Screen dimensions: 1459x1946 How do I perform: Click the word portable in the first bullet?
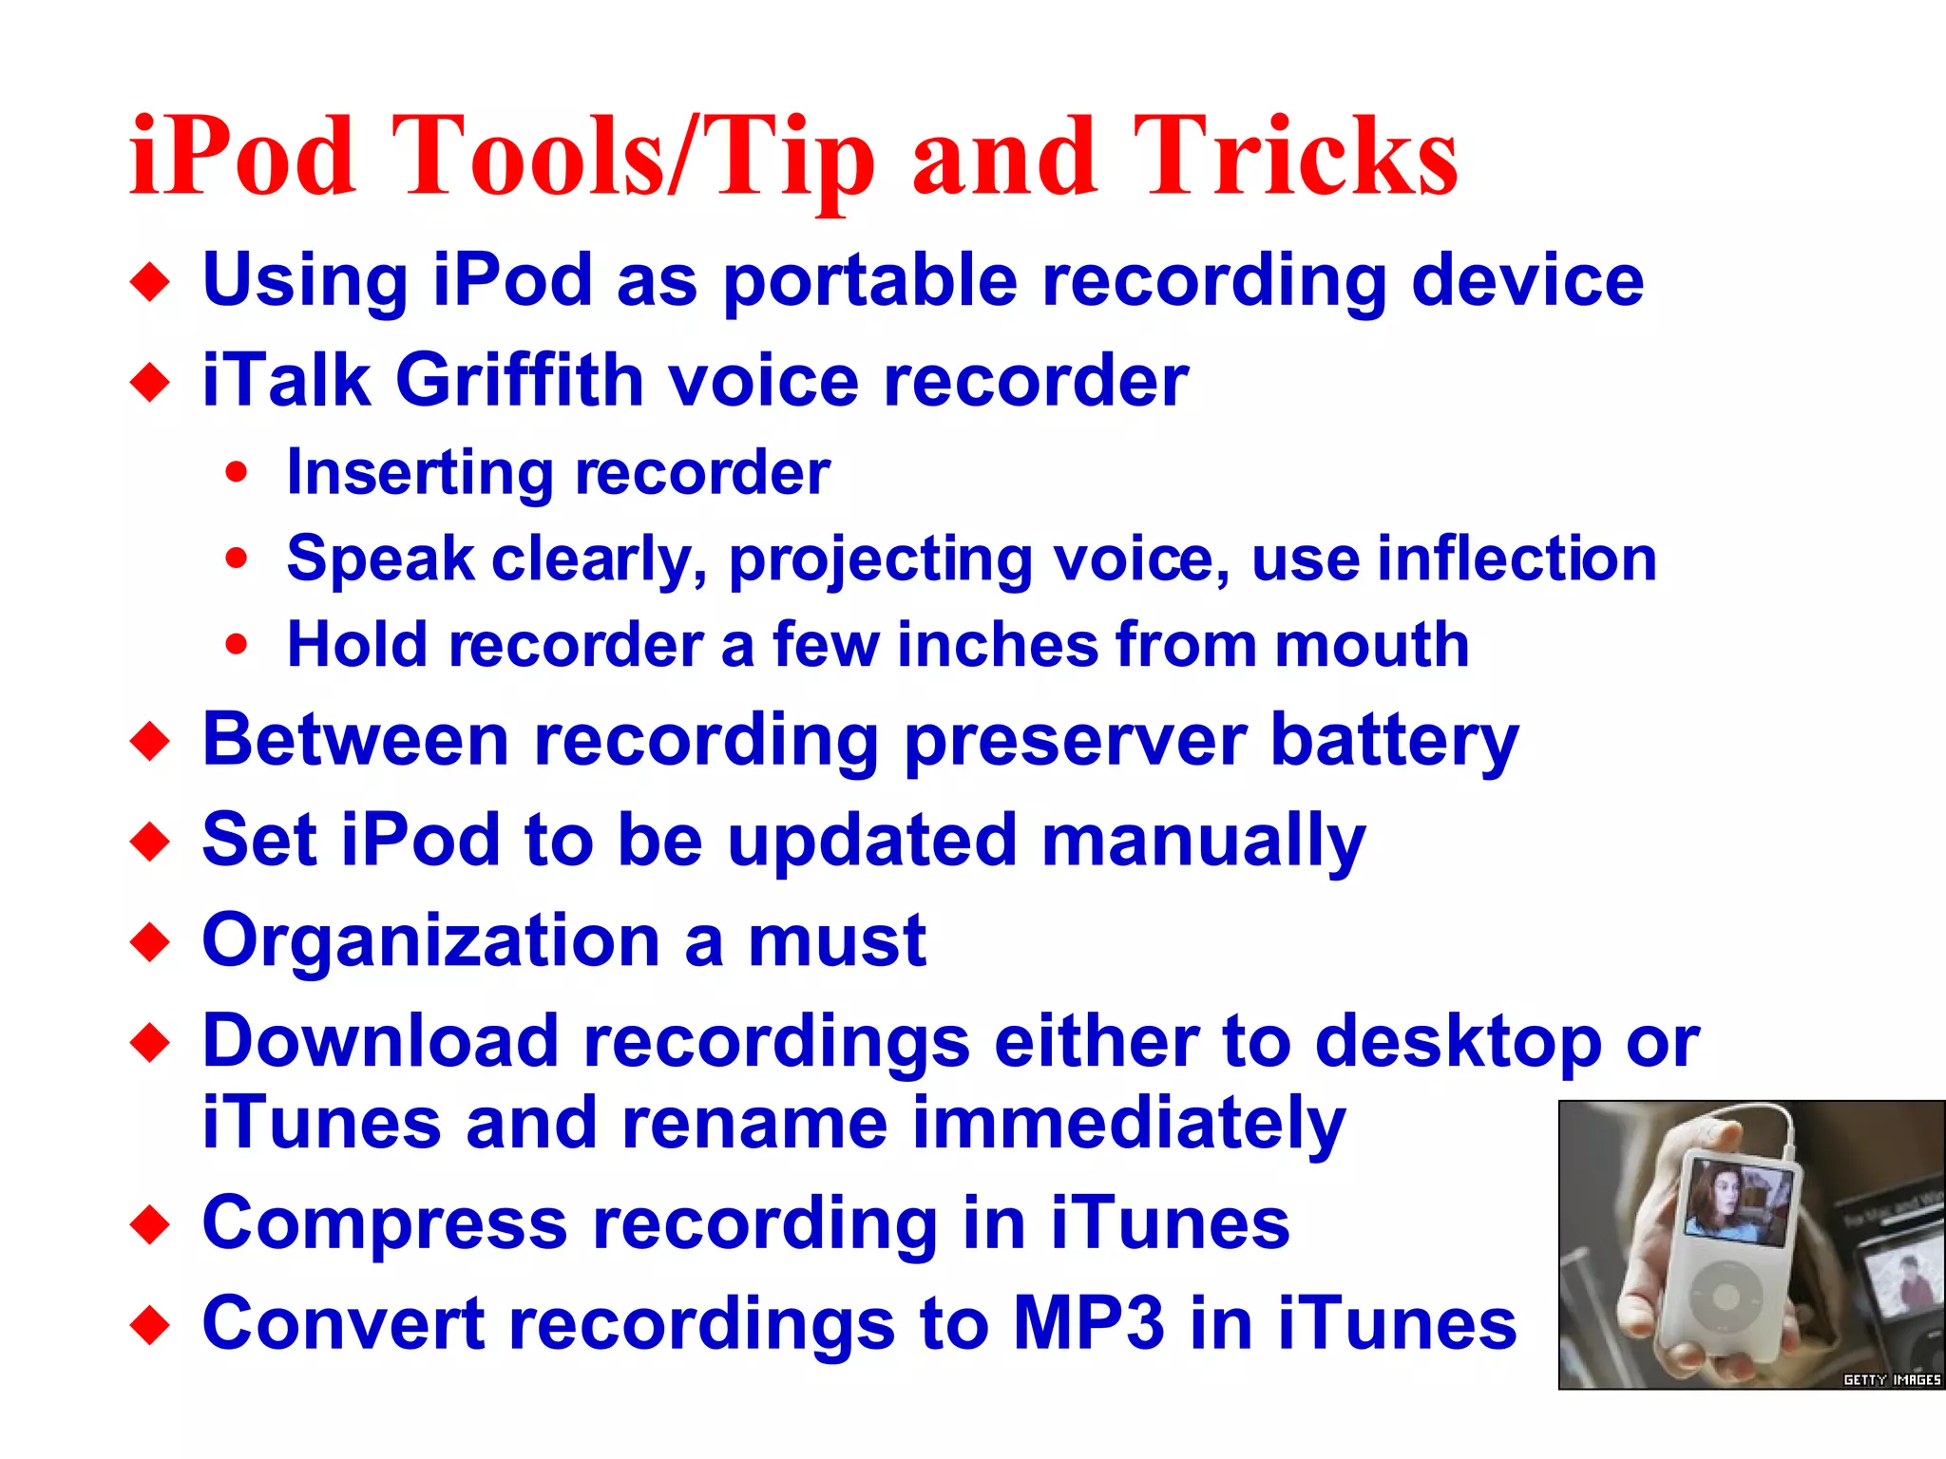(x=869, y=281)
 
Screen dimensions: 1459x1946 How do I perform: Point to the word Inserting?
(x=419, y=473)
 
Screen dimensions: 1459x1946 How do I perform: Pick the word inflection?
(x=1517, y=559)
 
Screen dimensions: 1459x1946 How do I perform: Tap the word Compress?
(x=385, y=1224)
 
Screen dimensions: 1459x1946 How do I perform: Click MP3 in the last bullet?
(x=1088, y=1323)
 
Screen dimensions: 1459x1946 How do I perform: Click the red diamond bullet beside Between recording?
(x=150, y=742)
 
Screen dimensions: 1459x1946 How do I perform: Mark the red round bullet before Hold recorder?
(x=237, y=645)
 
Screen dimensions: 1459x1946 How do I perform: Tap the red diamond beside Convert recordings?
(x=150, y=1325)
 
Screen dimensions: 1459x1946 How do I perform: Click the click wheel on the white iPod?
(x=1727, y=1296)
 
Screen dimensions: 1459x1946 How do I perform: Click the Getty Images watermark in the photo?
(x=1891, y=1379)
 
